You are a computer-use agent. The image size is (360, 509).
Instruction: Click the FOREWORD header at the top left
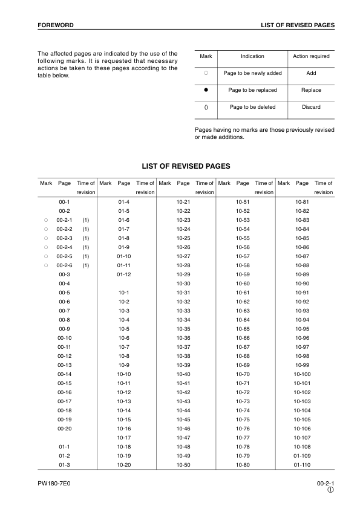tap(56, 25)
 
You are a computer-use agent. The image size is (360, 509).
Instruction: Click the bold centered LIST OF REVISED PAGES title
tap(186, 166)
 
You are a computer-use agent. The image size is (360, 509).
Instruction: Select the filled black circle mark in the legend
tap(206, 90)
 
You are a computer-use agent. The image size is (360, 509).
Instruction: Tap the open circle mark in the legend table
tap(206, 73)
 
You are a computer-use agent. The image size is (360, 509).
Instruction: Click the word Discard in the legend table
tap(311, 107)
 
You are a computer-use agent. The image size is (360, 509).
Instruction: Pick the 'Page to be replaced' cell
tap(252, 90)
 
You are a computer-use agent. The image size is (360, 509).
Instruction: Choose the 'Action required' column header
tap(311, 56)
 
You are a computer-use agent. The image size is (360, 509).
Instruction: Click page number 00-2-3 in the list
tap(64, 239)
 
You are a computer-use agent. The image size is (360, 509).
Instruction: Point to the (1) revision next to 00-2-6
tap(86, 265)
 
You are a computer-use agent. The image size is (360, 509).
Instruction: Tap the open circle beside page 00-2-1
tap(45, 220)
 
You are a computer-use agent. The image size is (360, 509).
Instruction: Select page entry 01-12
tap(124, 274)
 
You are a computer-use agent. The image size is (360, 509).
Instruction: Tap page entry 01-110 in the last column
tap(302, 464)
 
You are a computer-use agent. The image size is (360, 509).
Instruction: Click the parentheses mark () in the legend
tap(206, 107)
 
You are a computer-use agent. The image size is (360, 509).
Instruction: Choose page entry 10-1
tap(124, 292)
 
